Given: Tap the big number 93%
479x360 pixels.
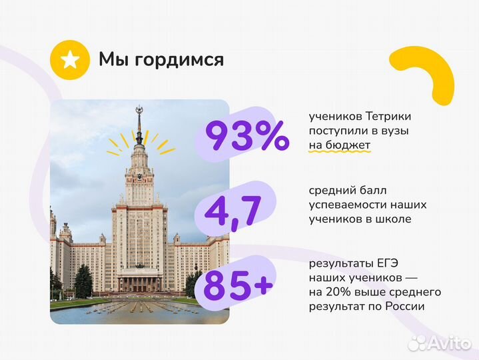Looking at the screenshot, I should (246, 135).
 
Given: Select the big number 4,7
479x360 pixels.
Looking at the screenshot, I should (233, 211).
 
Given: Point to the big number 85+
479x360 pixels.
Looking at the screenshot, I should (238, 287).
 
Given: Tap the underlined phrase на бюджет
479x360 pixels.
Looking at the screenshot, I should (339, 145).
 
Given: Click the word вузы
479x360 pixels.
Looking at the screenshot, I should (394, 131).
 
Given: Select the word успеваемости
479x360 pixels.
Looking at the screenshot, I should (346, 205).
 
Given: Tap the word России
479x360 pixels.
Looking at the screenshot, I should (403, 306).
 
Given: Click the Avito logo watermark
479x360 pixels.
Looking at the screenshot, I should (439, 343).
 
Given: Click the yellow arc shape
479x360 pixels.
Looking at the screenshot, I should (426, 73).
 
